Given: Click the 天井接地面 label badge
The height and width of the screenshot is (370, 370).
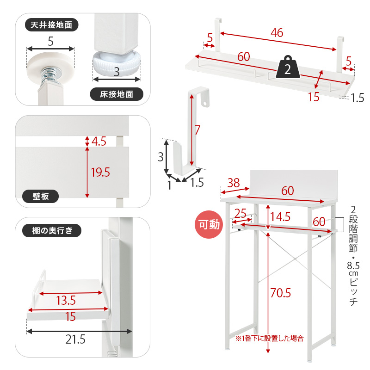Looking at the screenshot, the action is [x=51, y=25].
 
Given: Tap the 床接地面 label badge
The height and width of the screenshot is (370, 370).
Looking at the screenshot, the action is [x=117, y=94].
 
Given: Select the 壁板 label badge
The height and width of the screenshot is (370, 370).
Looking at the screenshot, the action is [x=40, y=196].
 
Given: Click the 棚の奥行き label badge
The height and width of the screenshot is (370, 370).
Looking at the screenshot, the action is [x=52, y=230].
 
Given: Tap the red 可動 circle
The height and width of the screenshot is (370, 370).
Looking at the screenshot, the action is [x=209, y=224].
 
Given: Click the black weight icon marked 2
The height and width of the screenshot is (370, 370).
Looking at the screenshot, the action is [x=288, y=67].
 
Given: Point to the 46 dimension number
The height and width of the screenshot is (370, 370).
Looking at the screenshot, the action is [x=277, y=32].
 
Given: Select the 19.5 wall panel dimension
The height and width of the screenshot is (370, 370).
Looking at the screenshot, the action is [x=100, y=172].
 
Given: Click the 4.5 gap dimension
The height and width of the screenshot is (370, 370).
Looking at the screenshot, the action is [x=99, y=142].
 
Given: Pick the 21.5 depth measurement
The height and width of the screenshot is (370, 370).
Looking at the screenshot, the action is [x=75, y=339].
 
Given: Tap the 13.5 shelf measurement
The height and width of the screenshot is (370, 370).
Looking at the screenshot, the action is [x=66, y=300].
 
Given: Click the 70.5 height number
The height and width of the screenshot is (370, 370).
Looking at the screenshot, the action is [x=281, y=293].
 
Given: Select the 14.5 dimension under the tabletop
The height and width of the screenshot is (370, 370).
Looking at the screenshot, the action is [x=280, y=216].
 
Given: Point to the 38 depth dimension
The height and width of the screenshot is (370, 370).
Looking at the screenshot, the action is [x=234, y=183].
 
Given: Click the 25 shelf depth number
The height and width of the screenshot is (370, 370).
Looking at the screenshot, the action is [x=240, y=213].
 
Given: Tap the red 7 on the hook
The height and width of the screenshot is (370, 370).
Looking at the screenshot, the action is [x=197, y=130].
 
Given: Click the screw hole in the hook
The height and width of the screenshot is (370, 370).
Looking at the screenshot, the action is [x=204, y=103].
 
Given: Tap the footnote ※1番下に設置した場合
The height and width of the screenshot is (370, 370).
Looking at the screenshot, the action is [x=269, y=339].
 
